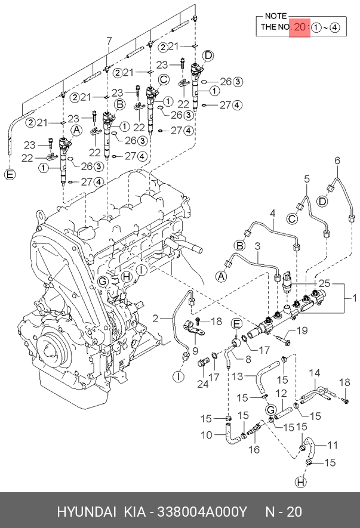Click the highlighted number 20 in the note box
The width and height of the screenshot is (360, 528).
click(x=300, y=27)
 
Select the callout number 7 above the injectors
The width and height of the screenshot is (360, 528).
click(x=109, y=41)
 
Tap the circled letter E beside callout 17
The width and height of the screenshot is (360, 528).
click(x=236, y=324)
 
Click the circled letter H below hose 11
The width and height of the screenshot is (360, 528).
click(x=301, y=482)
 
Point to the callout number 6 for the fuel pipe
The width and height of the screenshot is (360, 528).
click(x=337, y=160)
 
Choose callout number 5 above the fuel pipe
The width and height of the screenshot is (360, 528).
click(x=307, y=178)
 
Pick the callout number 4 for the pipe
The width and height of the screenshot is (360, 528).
click(x=272, y=213)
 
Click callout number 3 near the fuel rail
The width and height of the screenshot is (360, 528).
click(x=257, y=246)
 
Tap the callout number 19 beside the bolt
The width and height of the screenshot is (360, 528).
click(x=302, y=331)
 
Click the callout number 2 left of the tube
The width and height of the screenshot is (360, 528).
click(x=156, y=319)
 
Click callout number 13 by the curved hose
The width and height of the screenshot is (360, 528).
click(x=238, y=376)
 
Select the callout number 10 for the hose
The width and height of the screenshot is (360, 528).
click(x=207, y=435)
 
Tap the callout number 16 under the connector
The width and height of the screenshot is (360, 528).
click(x=255, y=449)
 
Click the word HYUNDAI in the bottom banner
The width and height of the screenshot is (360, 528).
click(x=87, y=512)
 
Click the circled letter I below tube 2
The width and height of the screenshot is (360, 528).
click(x=179, y=376)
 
